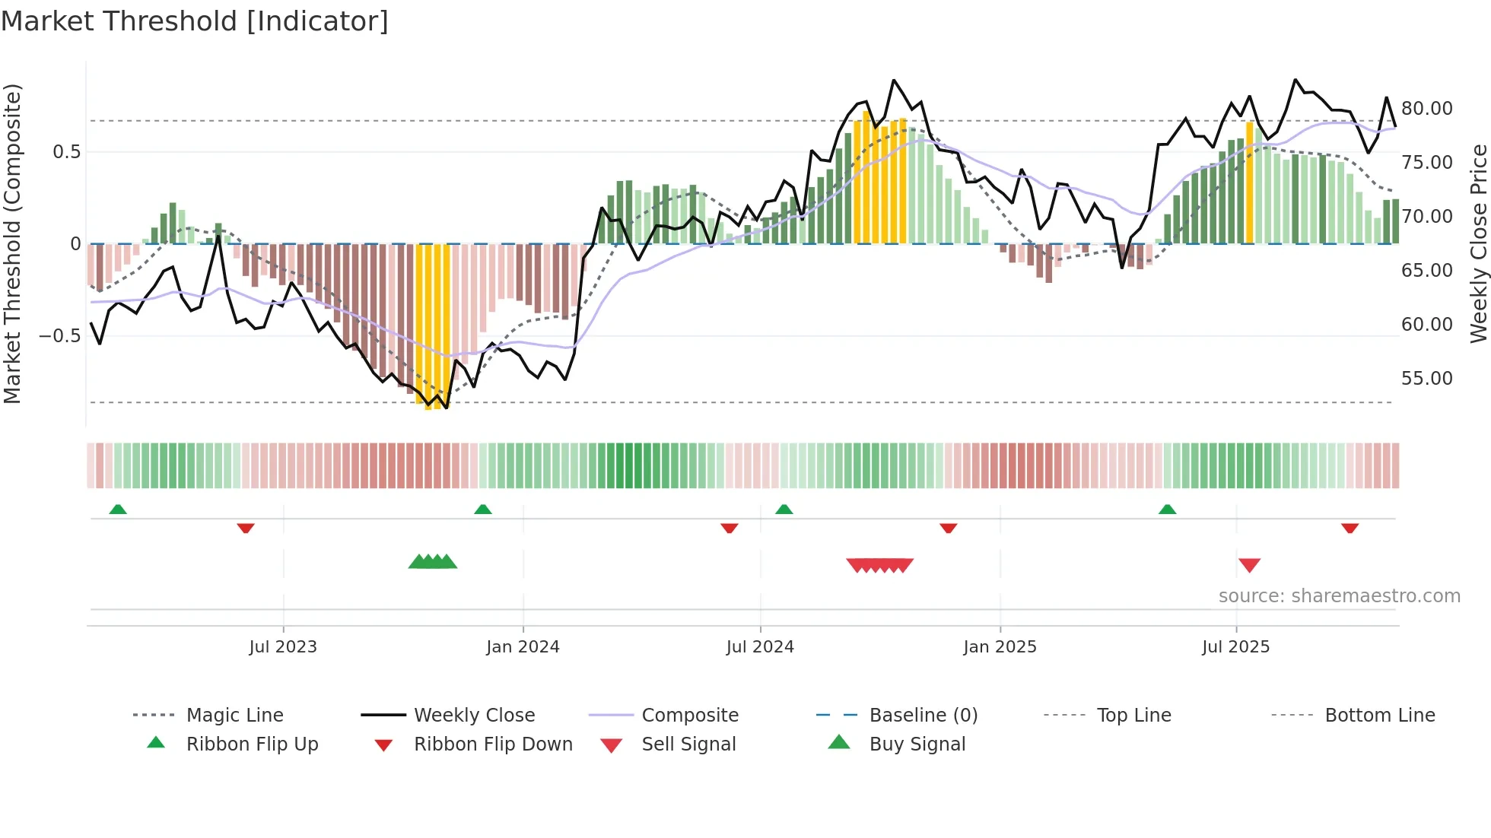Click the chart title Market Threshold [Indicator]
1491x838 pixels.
coord(195,21)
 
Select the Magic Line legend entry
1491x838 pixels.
coord(234,716)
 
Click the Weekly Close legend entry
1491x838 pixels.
coord(474,716)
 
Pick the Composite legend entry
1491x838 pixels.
coord(689,716)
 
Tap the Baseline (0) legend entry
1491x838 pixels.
coord(923,716)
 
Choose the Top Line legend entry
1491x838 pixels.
coord(1133,716)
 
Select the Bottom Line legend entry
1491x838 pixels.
coord(1379,716)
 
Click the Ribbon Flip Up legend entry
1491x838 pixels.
coord(252,744)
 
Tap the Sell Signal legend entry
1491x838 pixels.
coord(688,744)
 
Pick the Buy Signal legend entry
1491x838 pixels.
coord(917,744)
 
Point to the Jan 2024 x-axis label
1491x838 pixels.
coord(523,647)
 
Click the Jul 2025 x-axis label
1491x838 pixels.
coord(1235,647)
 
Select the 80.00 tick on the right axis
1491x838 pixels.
coord(1426,109)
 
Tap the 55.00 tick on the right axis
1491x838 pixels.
coord(1426,379)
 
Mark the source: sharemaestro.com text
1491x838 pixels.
coord(1339,596)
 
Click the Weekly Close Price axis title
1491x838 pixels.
coord(1478,243)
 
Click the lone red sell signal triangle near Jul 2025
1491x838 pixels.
coord(1249,565)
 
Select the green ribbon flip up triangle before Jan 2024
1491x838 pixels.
coord(482,509)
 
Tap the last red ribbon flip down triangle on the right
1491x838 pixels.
coord(1350,528)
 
